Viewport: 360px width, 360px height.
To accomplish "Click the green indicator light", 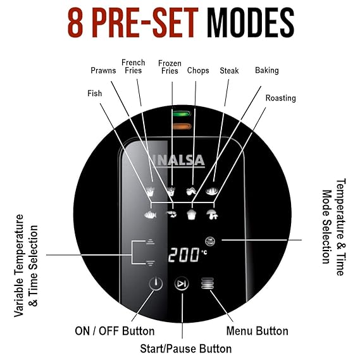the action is [x=182, y=114].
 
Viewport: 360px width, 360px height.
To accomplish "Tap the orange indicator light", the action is [x=182, y=127].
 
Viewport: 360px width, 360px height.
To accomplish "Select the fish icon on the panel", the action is [x=151, y=215].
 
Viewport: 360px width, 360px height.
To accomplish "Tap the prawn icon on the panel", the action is [x=171, y=214].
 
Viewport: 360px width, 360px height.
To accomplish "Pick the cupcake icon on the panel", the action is [x=192, y=214].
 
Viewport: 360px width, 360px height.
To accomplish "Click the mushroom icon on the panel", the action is [x=212, y=214].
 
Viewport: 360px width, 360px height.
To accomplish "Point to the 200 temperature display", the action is [x=183, y=254].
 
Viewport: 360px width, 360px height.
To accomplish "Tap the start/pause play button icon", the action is [x=182, y=283].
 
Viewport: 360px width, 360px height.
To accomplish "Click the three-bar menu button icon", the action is [x=208, y=283].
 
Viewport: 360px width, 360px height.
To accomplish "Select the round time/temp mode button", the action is [x=210, y=241].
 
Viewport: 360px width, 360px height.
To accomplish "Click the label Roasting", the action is [x=280, y=98].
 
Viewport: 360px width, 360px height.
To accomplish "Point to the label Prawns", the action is [x=103, y=70].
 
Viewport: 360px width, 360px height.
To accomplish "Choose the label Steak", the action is [x=229, y=70].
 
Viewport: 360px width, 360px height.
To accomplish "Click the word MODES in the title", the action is [x=251, y=23].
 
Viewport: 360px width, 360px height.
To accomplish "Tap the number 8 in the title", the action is [x=75, y=23].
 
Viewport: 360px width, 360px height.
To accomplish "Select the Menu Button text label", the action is [x=257, y=331].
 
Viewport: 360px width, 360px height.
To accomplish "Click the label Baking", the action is [x=267, y=70].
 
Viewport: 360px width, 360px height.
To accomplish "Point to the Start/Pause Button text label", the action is [x=186, y=349].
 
